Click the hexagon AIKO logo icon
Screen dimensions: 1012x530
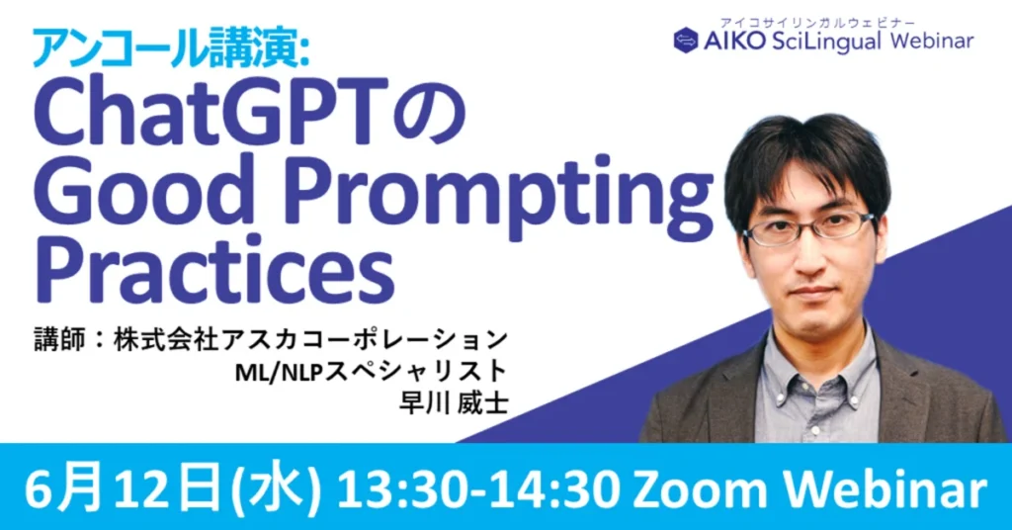click(686, 41)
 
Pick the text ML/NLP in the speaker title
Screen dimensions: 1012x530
click(278, 373)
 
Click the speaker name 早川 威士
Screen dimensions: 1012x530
click(454, 403)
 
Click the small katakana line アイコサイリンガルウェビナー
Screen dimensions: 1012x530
click(817, 23)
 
